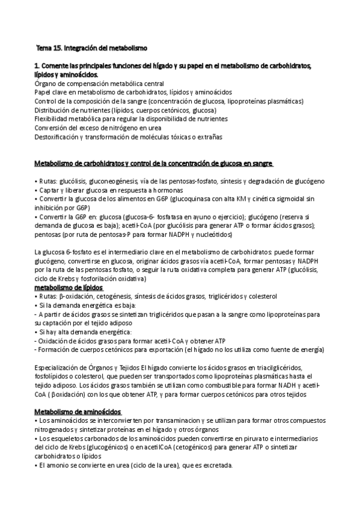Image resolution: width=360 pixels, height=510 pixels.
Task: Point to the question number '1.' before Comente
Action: pyautogui.click(x=37, y=65)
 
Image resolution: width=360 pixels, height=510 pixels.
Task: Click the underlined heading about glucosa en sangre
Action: pyautogui.click(x=153, y=164)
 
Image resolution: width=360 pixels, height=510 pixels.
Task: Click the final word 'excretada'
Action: pyautogui.click(x=216, y=465)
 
